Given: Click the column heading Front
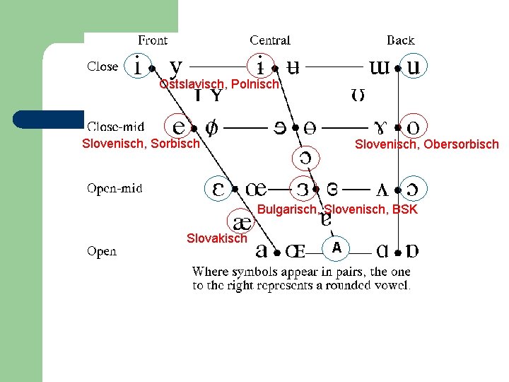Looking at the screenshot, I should (x=153, y=40).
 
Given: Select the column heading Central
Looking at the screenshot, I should (x=270, y=40).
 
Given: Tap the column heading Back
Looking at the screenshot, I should (x=400, y=40).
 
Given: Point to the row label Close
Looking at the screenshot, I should (x=103, y=66).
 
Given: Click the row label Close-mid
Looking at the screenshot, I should (x=115, y=127).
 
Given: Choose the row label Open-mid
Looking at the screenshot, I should (x=115, y=188).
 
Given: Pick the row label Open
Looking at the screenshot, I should (x=102, y=251).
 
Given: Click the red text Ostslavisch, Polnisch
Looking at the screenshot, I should (x=220, y=84).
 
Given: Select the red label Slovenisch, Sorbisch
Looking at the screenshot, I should (x=141, y=144).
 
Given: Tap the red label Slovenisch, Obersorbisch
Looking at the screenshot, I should (x=426, y=144).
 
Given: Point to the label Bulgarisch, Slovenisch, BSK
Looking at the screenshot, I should (x=337, y=209).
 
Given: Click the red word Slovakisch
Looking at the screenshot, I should (x=217, y=238).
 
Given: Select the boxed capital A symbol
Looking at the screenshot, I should (x=337, y=248).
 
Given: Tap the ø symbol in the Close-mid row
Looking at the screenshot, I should (x=211, y=127).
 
